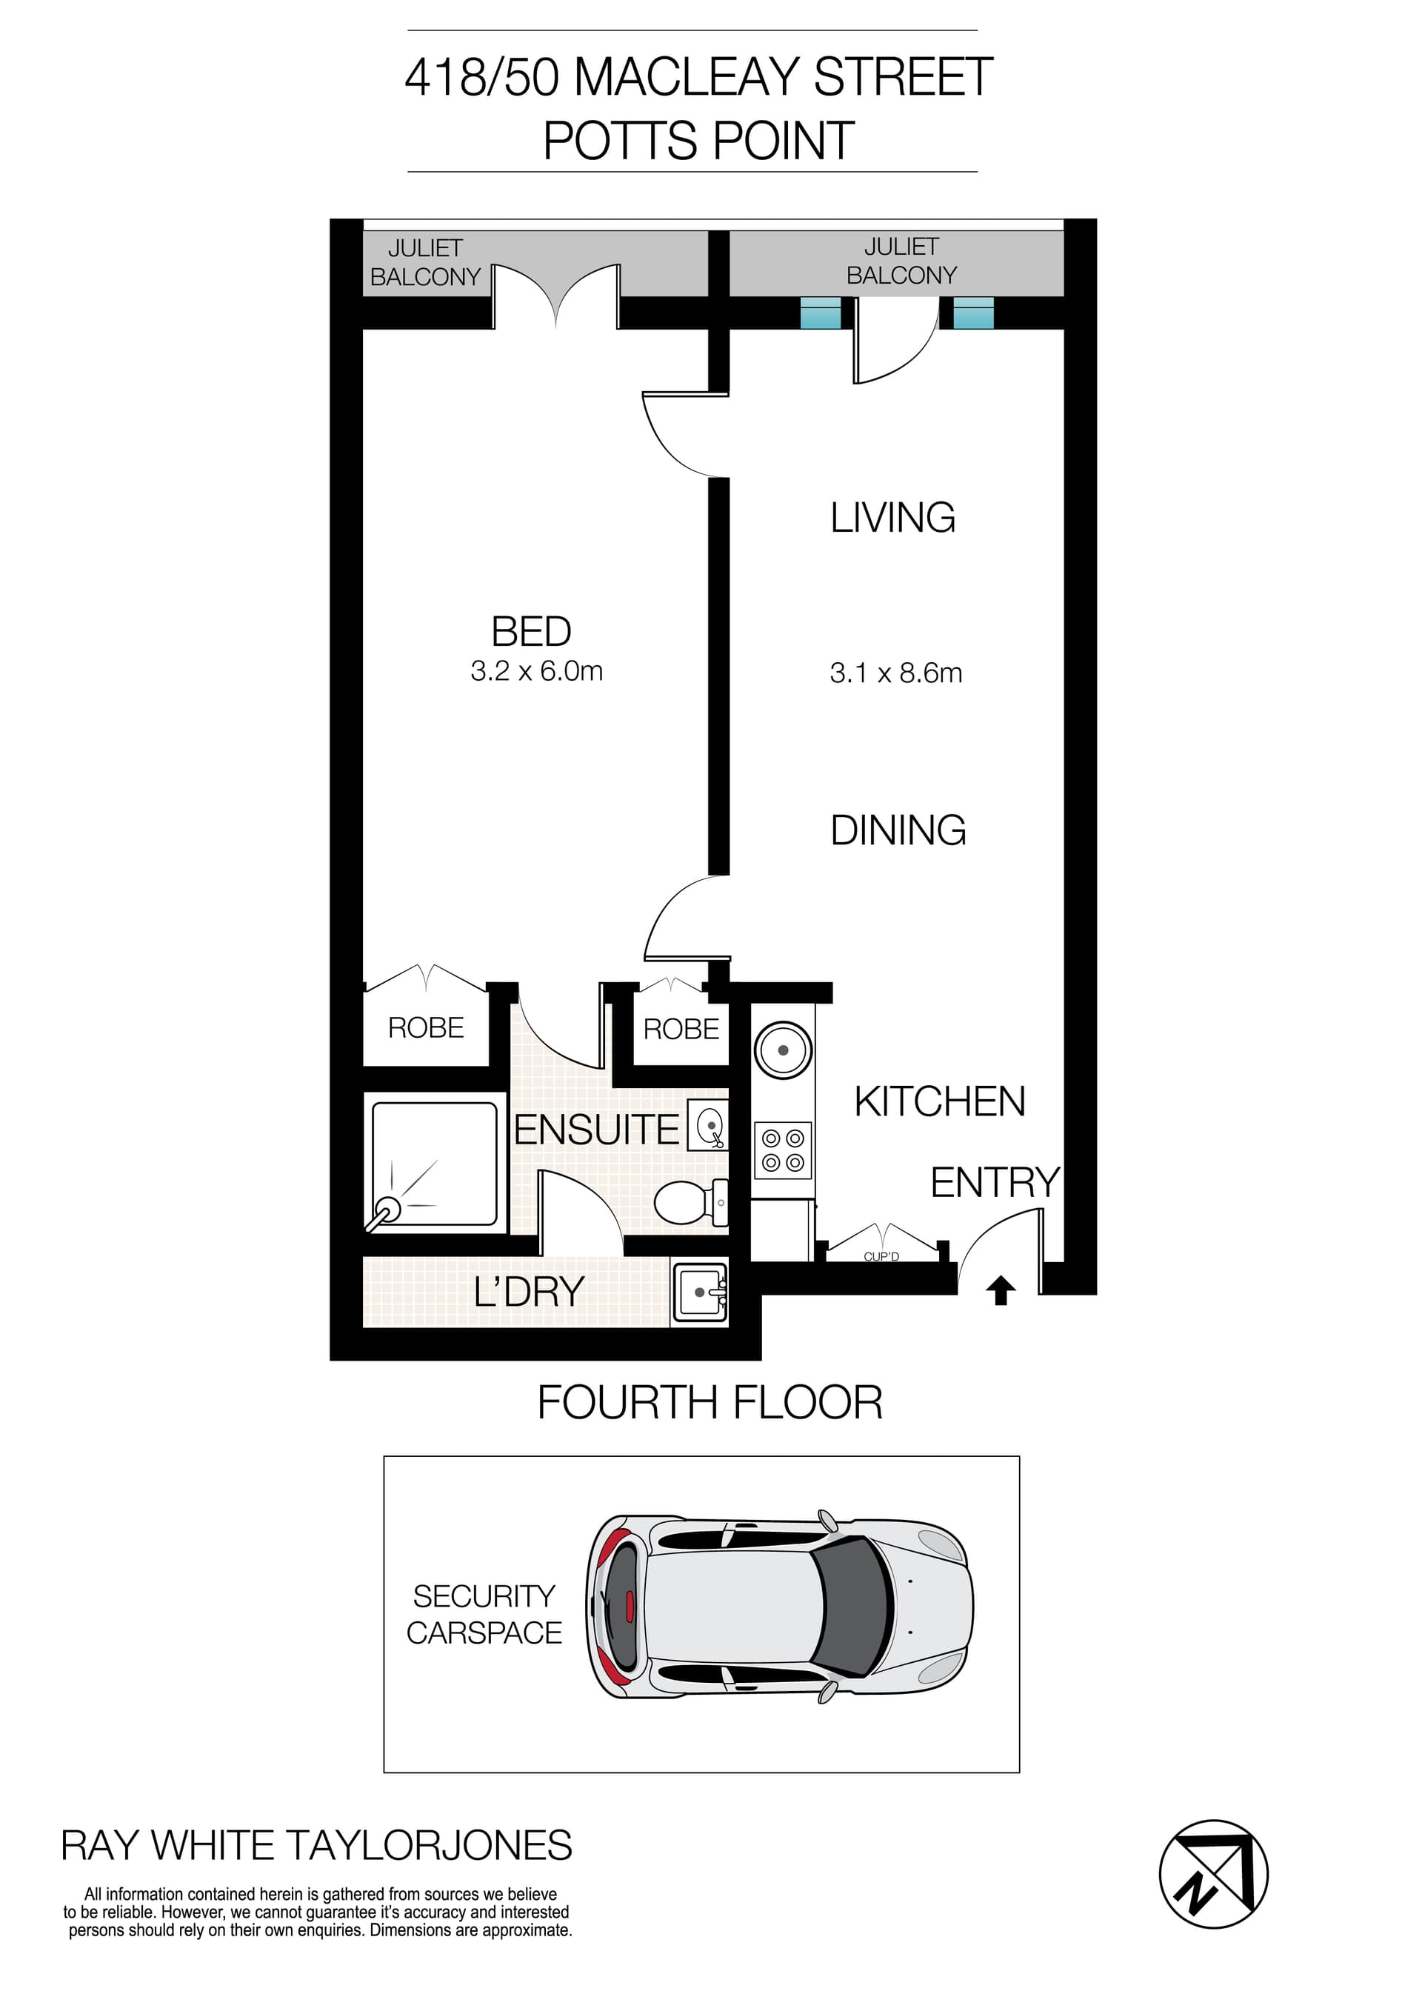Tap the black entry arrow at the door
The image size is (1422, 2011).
tap(1001, 1290)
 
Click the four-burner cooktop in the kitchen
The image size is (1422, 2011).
tap(783, 1150)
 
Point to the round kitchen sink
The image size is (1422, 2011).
tap(783, 1050)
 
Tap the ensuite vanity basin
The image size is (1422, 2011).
tap(708, 1127)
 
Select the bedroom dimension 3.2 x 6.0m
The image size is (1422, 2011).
tap(536, 672)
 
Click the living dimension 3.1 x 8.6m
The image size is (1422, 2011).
tap(895, 673)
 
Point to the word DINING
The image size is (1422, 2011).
tap(898, 830)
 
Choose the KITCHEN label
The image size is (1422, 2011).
tap(940, 1102)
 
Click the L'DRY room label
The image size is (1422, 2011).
tap(529, 1293)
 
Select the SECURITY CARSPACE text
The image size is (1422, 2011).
tap(484, 1614)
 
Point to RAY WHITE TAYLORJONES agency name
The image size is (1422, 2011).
tap(316, 1846)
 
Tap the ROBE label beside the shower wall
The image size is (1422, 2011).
tap(426, 1027)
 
